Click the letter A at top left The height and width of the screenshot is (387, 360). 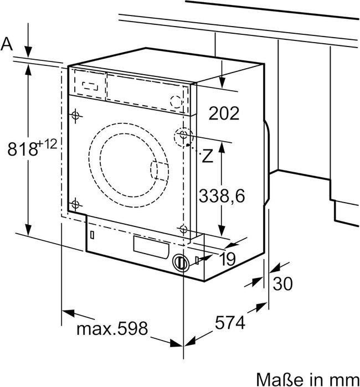[7, 44]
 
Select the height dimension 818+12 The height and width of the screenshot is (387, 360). [33, 148]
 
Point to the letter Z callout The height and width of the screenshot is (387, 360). [207, 157]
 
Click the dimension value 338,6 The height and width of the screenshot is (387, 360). [222, 195]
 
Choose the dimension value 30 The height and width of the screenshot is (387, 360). [282, 283]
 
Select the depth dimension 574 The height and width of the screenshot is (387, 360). [229, 322]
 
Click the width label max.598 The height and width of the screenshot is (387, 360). [112, 329]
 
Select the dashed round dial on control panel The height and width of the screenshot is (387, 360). [176, 101]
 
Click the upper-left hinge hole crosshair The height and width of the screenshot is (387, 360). [75, 115]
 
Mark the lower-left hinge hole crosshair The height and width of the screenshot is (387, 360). [75, 204]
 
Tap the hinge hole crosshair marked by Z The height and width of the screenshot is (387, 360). [183, 136]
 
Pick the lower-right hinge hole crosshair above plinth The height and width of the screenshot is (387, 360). [183, 228]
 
